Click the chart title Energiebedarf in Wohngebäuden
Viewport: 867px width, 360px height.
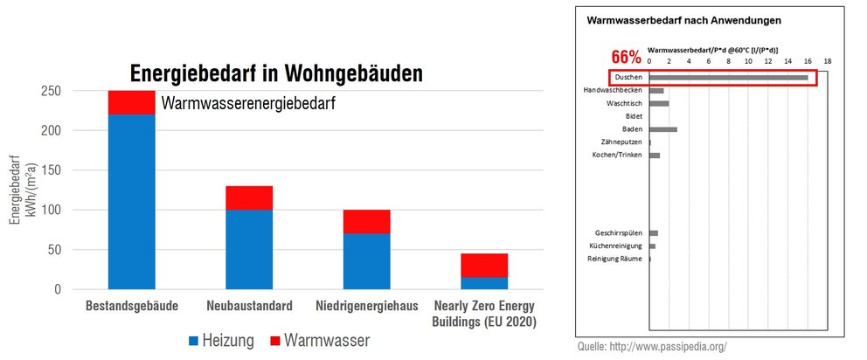[275, 73]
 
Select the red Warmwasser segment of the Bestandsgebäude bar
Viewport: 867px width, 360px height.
[131, 102]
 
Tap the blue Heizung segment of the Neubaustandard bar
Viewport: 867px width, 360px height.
[249, 249]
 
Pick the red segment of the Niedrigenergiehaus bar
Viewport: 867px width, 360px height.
[366, 223]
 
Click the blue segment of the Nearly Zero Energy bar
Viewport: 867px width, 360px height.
[484, 282]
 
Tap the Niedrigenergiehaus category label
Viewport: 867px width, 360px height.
[366, 307]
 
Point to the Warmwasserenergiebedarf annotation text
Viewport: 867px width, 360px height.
[248, 103]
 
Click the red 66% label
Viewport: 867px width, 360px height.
[626, 58]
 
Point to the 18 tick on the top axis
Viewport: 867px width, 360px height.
[827, 62]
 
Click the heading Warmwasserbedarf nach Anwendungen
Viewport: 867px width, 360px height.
[683, 19]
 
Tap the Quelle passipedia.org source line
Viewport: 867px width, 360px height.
[652, 347]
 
